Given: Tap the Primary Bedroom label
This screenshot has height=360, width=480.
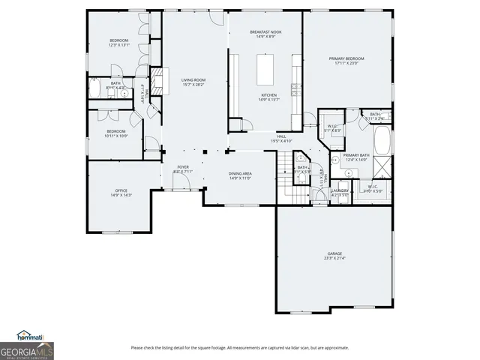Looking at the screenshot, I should (346, 61).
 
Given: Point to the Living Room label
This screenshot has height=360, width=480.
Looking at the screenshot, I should (193, 82).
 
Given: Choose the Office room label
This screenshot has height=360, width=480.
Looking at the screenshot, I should (121, 193).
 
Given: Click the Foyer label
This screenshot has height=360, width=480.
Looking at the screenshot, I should (183, 169).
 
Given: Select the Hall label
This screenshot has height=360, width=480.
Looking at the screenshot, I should (281, 138).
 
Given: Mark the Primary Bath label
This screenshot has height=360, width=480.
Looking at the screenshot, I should (354, 157).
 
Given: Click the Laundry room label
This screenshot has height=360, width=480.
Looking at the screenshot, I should (340, 193).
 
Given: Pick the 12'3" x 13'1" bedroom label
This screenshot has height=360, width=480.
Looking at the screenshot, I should (119, 43).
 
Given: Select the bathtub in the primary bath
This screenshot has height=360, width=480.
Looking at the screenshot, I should (382, 139).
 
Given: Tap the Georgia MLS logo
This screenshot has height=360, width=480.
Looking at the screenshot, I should (27, 350).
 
